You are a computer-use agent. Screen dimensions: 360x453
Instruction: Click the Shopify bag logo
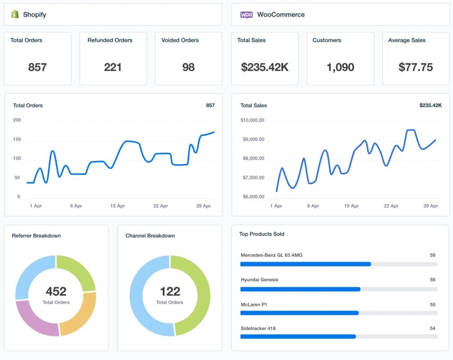coord(15,14)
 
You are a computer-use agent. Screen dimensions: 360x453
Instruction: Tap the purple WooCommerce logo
coord(246,14)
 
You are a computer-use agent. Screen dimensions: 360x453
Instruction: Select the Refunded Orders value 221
coord(113,67)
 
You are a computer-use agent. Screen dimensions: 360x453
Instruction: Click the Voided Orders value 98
coord(188,67)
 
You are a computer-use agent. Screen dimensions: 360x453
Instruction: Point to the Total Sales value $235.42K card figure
coord(265,67)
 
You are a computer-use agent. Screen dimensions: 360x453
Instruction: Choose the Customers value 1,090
coord(340,67)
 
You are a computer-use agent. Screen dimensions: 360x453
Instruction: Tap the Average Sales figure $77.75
coord(416,67)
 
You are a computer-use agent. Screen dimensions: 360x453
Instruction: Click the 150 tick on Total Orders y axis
coord(17,140)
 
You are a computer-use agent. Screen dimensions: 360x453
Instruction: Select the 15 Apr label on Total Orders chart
coord(117,206)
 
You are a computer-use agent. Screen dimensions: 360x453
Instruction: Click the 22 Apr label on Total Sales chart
coord(391,206)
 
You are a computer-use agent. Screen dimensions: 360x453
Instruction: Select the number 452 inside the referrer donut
coord(56,291)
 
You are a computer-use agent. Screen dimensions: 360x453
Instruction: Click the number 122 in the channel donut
coord(170,291)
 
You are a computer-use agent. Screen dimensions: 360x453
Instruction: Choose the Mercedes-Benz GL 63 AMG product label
coord(271,255)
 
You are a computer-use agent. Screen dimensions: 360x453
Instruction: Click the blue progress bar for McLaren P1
coord(300,313)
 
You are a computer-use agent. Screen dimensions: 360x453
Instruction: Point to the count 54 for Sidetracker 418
coord(432,328)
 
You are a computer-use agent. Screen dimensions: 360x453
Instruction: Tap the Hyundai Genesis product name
coord(259,279)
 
